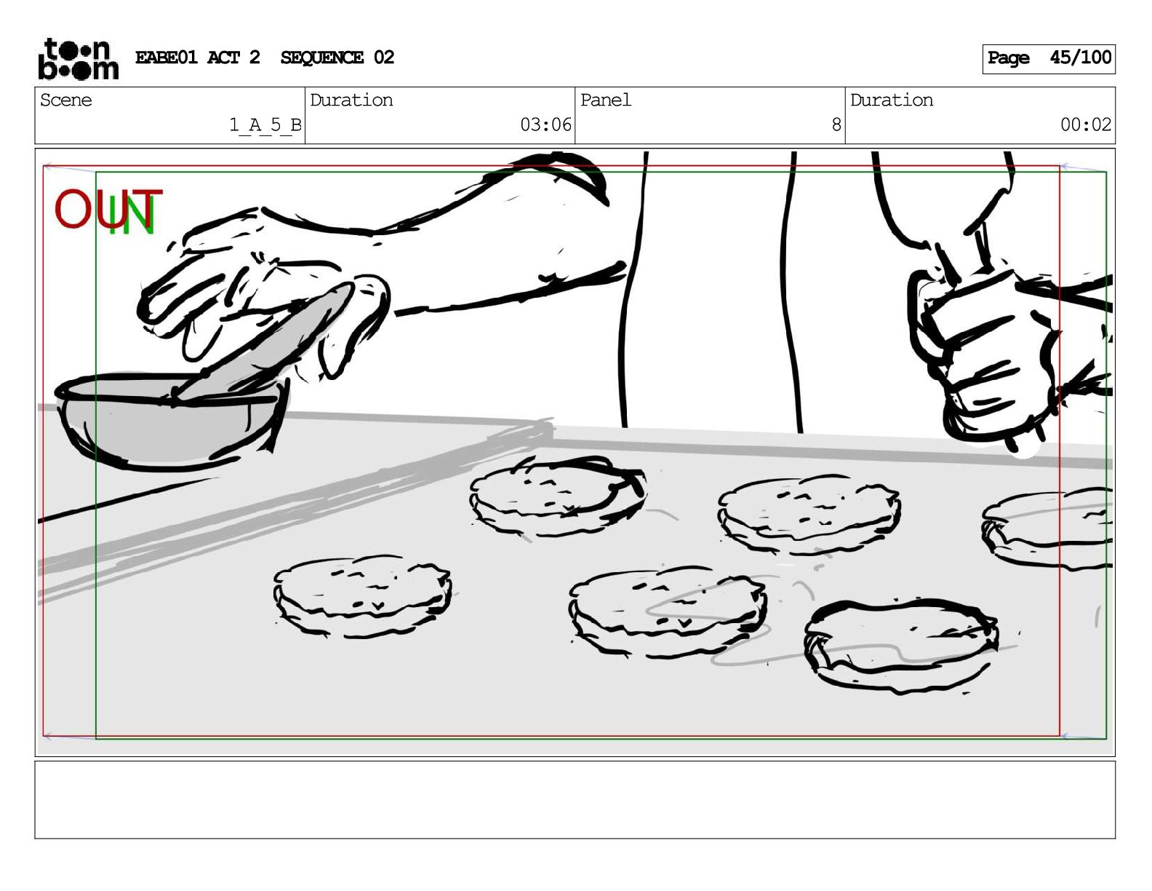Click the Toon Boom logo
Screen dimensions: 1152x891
78,60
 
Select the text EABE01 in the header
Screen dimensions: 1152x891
166,58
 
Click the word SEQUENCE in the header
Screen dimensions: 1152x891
321,58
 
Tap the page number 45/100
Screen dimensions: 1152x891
1081,58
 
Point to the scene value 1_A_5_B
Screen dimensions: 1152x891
265,125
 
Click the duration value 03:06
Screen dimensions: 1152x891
545,124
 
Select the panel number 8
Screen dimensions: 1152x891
836,124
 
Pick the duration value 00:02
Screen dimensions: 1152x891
1086,124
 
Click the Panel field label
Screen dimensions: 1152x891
605,100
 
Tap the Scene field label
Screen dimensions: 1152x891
65,100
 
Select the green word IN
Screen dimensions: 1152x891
131,215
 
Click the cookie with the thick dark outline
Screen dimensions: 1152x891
900,645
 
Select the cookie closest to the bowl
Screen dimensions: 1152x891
363,595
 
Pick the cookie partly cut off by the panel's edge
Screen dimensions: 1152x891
1047,528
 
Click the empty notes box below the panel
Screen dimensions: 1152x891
575,800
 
